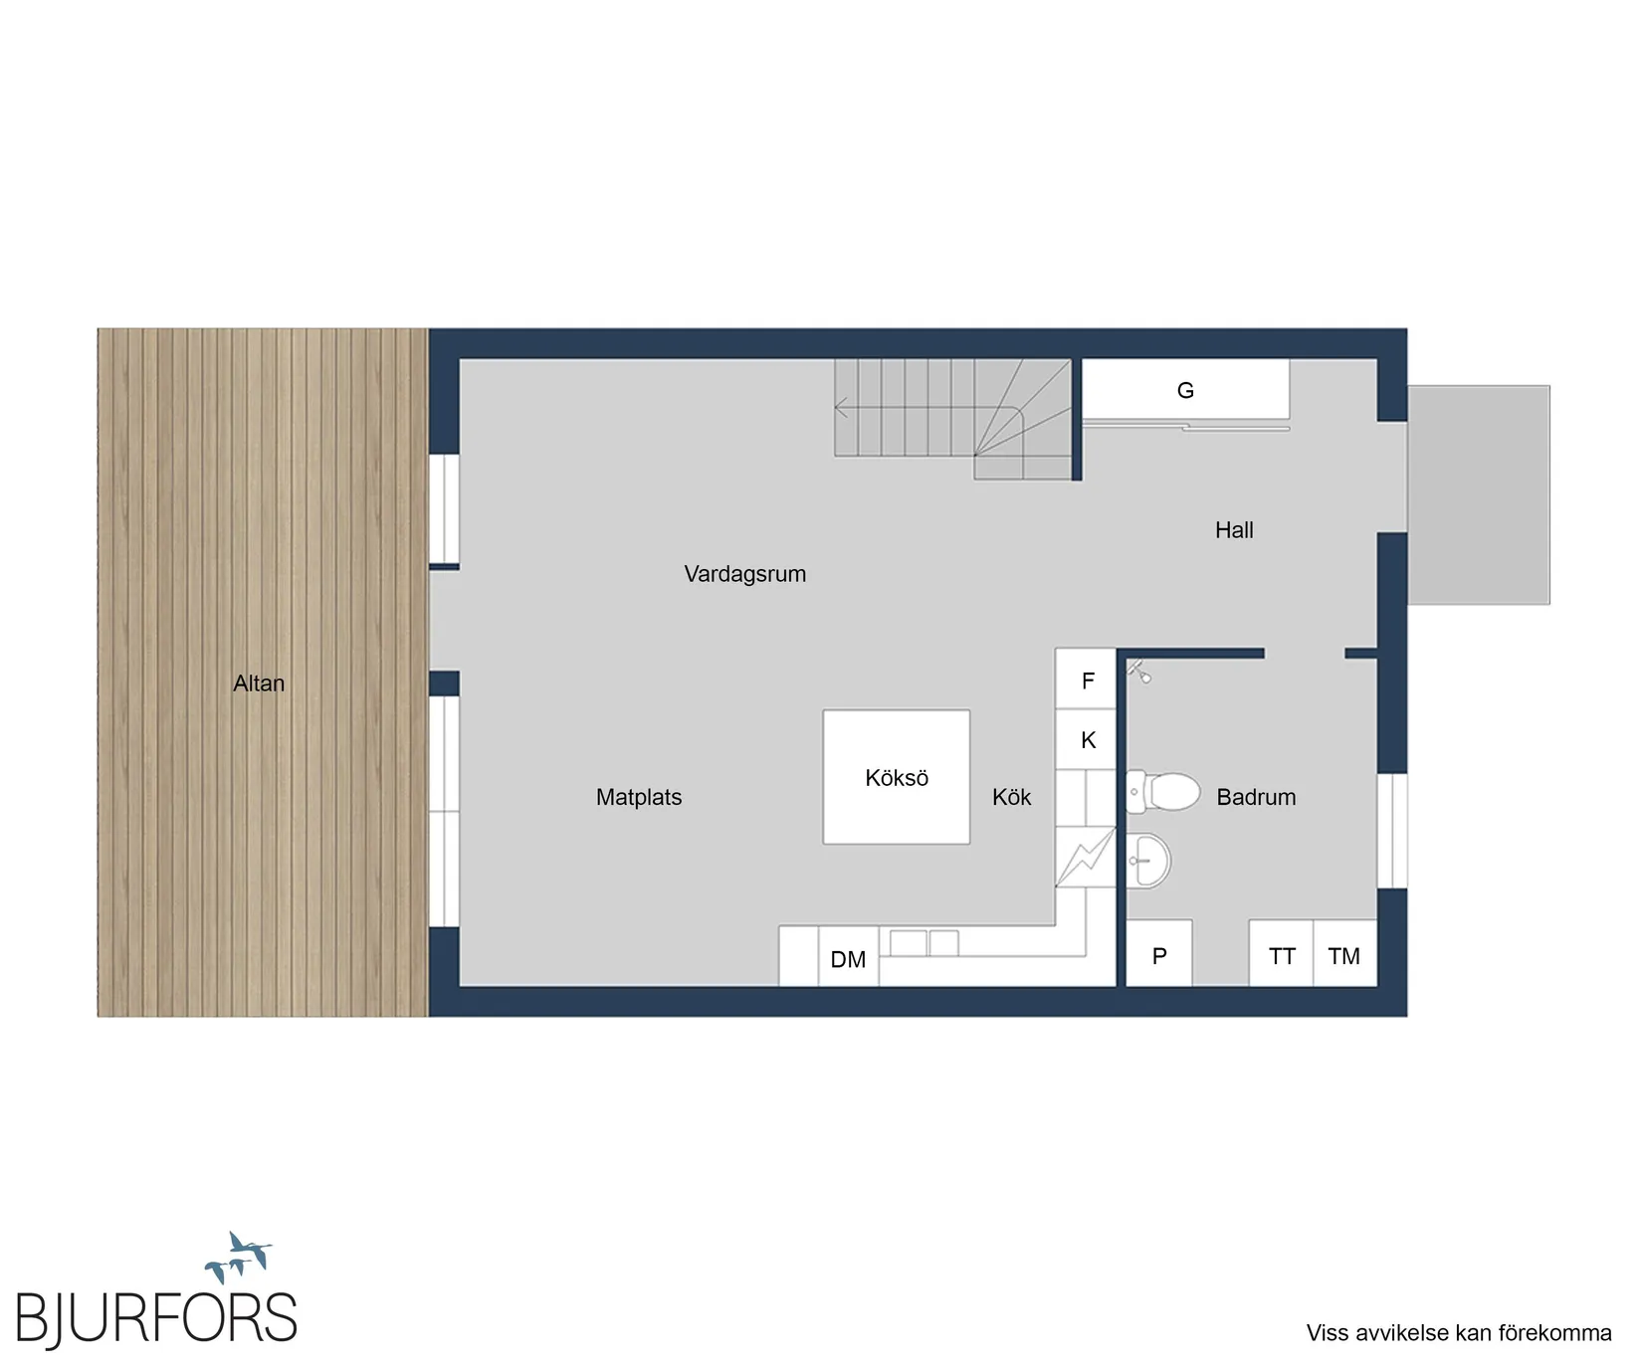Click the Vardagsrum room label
744,574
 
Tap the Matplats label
639,797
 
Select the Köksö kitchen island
897,777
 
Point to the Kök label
1011,797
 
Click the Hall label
1234,530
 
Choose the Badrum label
1256,797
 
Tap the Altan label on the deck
259,684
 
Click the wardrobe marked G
1185,390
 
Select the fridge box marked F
1087,680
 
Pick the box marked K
1087,739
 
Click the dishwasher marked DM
848,956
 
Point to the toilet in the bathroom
1162,792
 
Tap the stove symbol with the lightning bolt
1086,857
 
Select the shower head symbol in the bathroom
1139,672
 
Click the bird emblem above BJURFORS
239,1257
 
